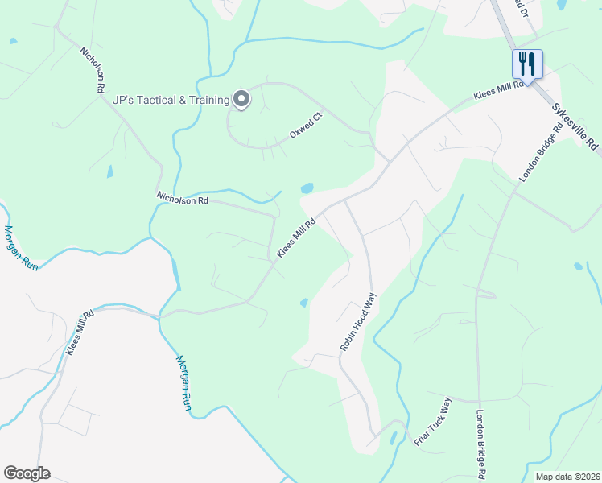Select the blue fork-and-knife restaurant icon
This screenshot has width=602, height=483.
[527, 63]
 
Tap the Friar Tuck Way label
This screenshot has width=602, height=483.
[434, 421]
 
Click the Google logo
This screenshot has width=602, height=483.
[27, 473]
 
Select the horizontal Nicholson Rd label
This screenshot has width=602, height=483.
[183, 199]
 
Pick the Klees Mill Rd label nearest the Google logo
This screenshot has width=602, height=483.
[80, 332]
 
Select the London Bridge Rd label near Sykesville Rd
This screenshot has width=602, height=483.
[534, 155]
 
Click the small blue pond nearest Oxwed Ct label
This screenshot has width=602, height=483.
[307, 189]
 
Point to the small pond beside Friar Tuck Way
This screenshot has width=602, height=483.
[393, 439]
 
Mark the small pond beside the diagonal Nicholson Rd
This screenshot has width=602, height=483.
[109, 171]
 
